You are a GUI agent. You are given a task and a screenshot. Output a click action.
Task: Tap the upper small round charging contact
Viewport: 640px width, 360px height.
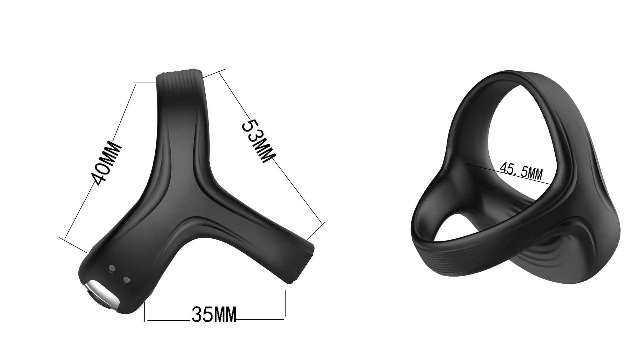(x=111, y=268)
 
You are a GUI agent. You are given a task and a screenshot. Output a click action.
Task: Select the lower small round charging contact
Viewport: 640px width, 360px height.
(x=126, y=279)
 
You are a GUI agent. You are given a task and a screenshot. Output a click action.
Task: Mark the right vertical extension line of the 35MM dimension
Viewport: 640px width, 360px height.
(x=285, y=305)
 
